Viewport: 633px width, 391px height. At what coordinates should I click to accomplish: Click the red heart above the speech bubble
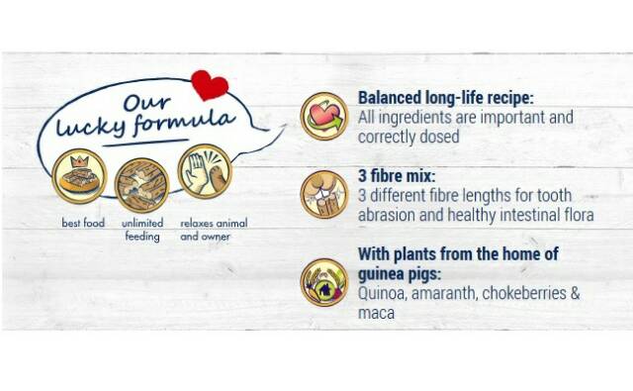coord(210,85)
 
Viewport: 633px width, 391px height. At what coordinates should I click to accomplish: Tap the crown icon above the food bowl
coord(79,161)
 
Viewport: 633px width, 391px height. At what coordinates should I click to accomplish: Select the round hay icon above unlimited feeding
coord(141,185)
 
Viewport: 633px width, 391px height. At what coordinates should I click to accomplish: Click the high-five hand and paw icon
coord(205,171)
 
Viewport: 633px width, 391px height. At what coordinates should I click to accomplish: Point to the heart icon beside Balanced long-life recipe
coord(324,117)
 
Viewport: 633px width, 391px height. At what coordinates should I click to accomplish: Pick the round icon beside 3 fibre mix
coord(324,194)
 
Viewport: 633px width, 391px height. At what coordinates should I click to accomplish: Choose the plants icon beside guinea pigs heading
coord(324,282)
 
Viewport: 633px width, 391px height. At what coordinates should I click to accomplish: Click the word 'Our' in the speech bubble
coord(146,103)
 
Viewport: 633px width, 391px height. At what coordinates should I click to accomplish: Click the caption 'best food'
coord(83,223)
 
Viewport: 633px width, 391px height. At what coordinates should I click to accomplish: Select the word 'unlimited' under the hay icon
coord(142,223)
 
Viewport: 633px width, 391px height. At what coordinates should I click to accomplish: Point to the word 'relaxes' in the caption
coord(196,223)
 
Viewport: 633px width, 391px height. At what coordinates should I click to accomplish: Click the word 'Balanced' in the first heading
coord(390,98)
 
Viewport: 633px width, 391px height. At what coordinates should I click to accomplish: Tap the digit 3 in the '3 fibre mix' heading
coord(362,176)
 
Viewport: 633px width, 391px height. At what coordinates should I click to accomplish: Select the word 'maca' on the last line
coord(376,313)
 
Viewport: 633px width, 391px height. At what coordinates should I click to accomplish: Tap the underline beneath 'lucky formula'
coord(145,143)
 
